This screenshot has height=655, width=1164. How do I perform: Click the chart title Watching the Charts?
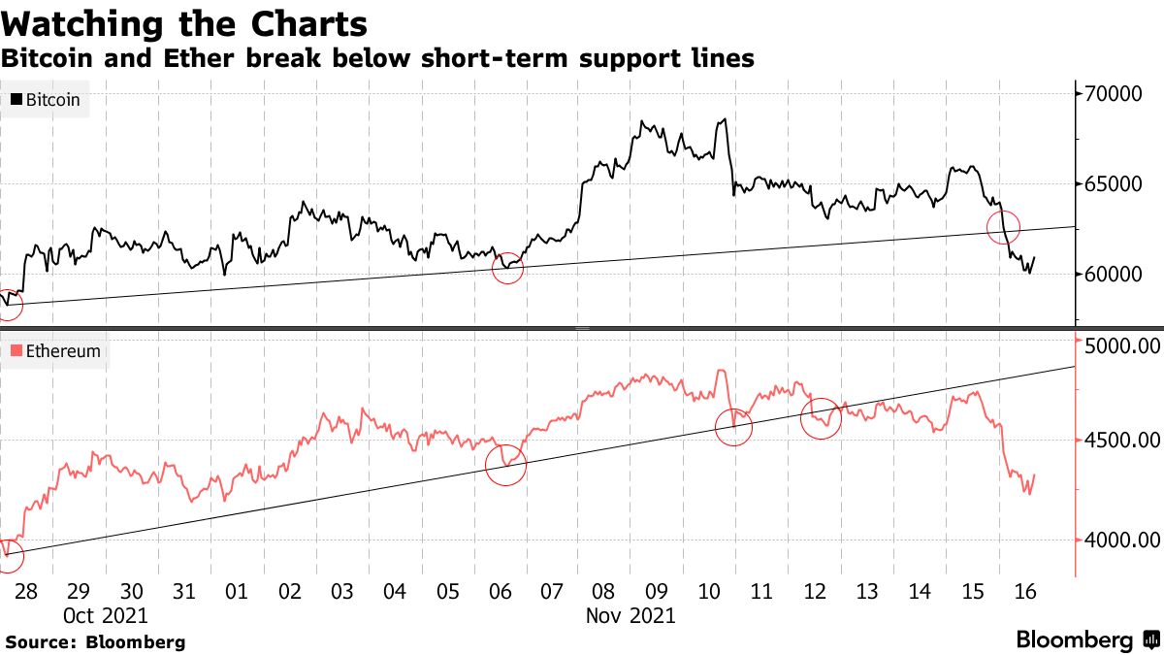coord(185,23)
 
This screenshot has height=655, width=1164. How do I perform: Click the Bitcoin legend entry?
coord(46,99)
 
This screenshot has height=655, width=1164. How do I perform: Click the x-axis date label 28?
coord(25,591)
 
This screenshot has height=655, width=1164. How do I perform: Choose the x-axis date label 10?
coord(709,591)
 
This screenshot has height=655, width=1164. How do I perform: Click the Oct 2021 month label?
coord(107,615)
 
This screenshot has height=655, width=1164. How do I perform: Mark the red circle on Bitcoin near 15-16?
coord(1004,227)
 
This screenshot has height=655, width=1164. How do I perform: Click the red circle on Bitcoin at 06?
coord(507,268)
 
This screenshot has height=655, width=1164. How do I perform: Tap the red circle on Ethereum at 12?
coord(821,418)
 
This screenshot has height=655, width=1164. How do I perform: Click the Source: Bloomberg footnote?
coord(95,641)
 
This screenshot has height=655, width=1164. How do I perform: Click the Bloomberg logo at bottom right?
coord(1086,639)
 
